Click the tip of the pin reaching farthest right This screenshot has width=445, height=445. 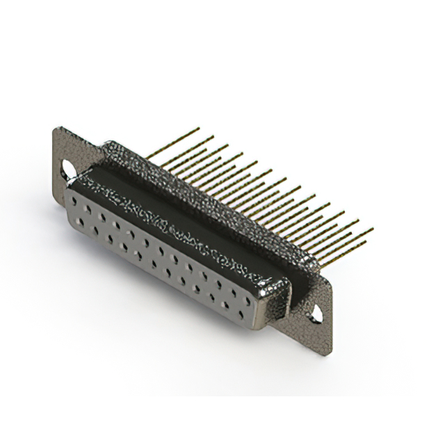pos(372,229)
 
